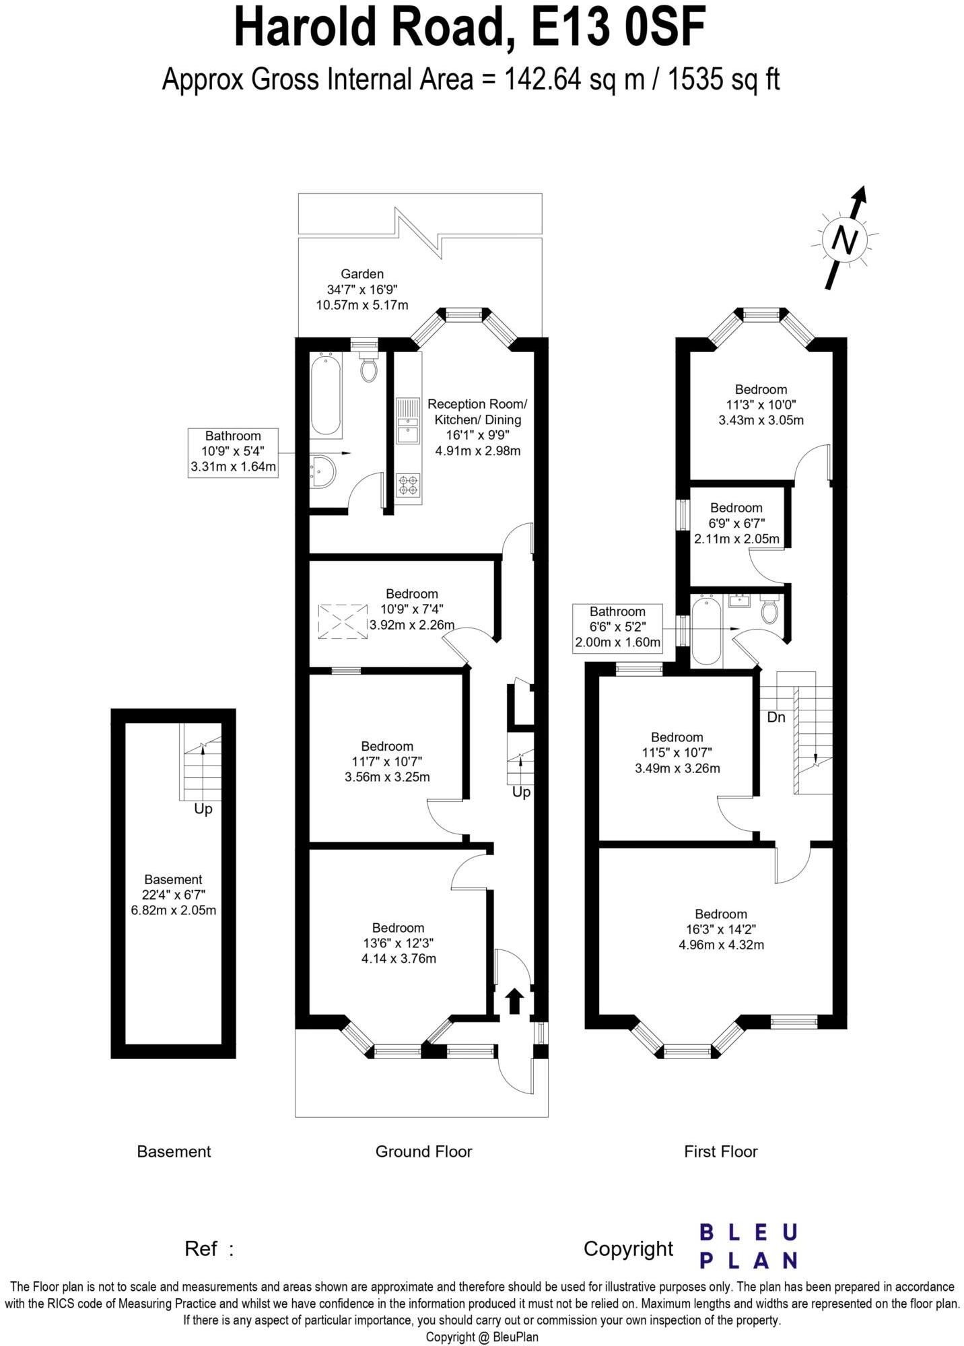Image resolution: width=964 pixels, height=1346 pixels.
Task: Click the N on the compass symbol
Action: [x=846, y=240]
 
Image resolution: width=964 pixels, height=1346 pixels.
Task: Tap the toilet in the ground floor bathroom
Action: [x=368, y=368]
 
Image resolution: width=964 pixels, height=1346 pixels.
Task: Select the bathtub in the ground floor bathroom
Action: [x=326, y=394]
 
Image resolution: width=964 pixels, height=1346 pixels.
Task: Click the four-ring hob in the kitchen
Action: [x=409, y=485]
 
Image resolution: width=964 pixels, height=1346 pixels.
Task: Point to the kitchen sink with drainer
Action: [x=408, y=422]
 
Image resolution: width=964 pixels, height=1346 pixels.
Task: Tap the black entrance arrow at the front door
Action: [x=514, y=1001]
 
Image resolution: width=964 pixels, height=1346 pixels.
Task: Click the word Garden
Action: [x=362, y=274]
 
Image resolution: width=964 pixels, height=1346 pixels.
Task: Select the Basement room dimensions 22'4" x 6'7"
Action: [x=173, y=895]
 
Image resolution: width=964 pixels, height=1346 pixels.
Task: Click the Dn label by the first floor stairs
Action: [x=776, y=718]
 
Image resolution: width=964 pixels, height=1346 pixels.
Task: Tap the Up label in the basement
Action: [x=203, y=809]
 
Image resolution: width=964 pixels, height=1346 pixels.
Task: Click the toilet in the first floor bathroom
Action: [x=769, y=609]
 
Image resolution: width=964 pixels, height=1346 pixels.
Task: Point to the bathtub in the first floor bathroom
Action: [x=706, y=631]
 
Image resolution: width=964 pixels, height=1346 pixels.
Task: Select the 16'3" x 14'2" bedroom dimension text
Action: [x=721, y=929]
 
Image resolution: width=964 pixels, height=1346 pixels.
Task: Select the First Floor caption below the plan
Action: [x=720, y=1151]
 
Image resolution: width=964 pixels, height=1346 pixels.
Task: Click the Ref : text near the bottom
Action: [x=209, y=1249]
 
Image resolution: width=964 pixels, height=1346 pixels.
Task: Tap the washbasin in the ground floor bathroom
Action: [x=323, y=471]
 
